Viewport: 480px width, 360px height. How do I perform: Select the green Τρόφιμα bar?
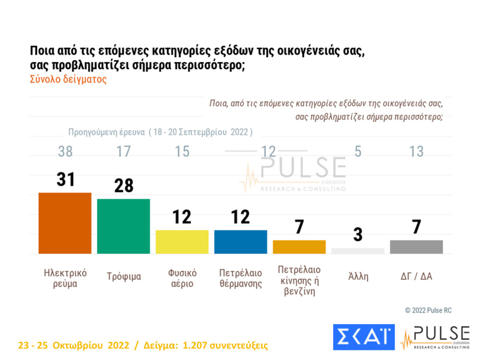(x=123, y=226)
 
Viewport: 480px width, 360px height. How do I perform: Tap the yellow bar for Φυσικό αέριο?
(x=182, y=242)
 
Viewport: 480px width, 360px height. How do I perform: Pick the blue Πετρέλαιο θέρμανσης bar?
(x=241, y=242)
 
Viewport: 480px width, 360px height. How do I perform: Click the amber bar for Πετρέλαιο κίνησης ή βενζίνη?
(x=299, y=247)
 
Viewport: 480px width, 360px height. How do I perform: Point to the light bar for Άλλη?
(x=358, y=251)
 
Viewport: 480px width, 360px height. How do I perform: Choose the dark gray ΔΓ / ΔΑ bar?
(x=416, y=247)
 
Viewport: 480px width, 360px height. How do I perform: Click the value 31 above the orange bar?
(x=65, y=179)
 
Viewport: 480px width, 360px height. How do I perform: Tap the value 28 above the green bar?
(x=124, y=185)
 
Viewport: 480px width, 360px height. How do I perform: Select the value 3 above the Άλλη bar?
(x=358, y=235)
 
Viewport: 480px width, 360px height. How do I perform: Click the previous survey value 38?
(x=65, y=151)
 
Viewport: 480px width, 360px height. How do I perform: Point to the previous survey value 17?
(x=124, y=151)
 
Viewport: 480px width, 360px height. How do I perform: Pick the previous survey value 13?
(x=416, y=151)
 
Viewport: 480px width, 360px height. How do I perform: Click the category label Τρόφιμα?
(x=124, y=277)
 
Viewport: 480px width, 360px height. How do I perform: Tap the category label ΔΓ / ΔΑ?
(x=416, y=276)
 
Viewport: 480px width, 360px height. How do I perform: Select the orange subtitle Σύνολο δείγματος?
(x=68, y=79)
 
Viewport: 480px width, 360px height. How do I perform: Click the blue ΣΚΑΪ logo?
(x=363, y=337)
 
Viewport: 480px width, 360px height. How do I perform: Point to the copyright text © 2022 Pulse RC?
(x=428, y=310)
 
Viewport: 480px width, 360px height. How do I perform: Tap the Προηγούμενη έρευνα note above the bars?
(x=160, y=132)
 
